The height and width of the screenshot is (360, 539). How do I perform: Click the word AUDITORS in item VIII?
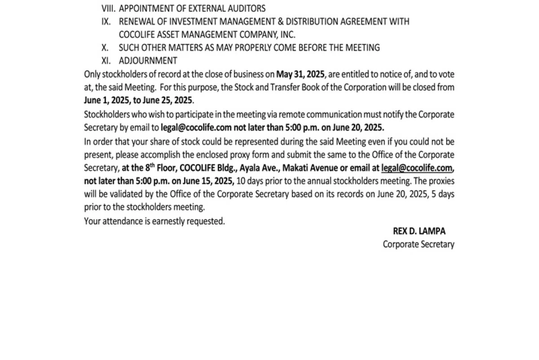point(246,9)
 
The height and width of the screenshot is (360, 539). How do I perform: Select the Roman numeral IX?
point(106,22)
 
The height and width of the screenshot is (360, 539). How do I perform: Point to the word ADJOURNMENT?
point(148,61)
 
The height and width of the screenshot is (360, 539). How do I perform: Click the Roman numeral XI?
point(106,61)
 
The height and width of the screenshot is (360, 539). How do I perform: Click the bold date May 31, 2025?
point(300,74)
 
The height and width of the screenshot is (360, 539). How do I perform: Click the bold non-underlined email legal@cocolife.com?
point(196,127)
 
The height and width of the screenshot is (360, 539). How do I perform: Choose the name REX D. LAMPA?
point(419,231)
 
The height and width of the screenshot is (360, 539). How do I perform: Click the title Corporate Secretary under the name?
point(418,244)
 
